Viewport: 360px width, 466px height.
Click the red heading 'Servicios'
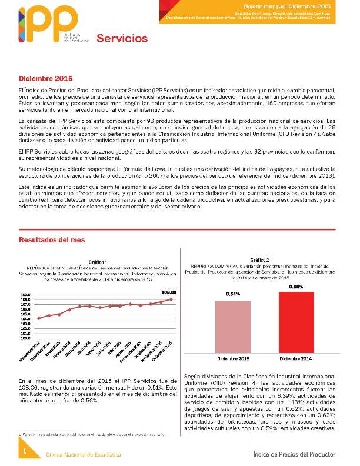click(122, 39)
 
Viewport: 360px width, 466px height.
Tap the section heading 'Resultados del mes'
click(52, 240)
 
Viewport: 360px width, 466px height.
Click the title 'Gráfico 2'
click(259, 259)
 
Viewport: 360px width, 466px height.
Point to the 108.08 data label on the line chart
click(169, 292)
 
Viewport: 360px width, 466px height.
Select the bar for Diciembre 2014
click(297, 322)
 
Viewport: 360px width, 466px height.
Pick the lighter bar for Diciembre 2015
click(234, 327)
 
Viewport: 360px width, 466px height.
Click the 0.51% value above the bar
click(233, 294)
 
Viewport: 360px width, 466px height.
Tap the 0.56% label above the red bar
click(296, 286)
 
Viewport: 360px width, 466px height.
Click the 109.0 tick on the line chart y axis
click(26, 295)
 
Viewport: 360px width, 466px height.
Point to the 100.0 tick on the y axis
click(26, 338)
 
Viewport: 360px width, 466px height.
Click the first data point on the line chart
click(39, 318)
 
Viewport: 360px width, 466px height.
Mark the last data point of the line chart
click(171, 299)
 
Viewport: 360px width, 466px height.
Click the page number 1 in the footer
click(25, 451)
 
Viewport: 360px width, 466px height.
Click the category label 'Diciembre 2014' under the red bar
click(297, 358)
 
